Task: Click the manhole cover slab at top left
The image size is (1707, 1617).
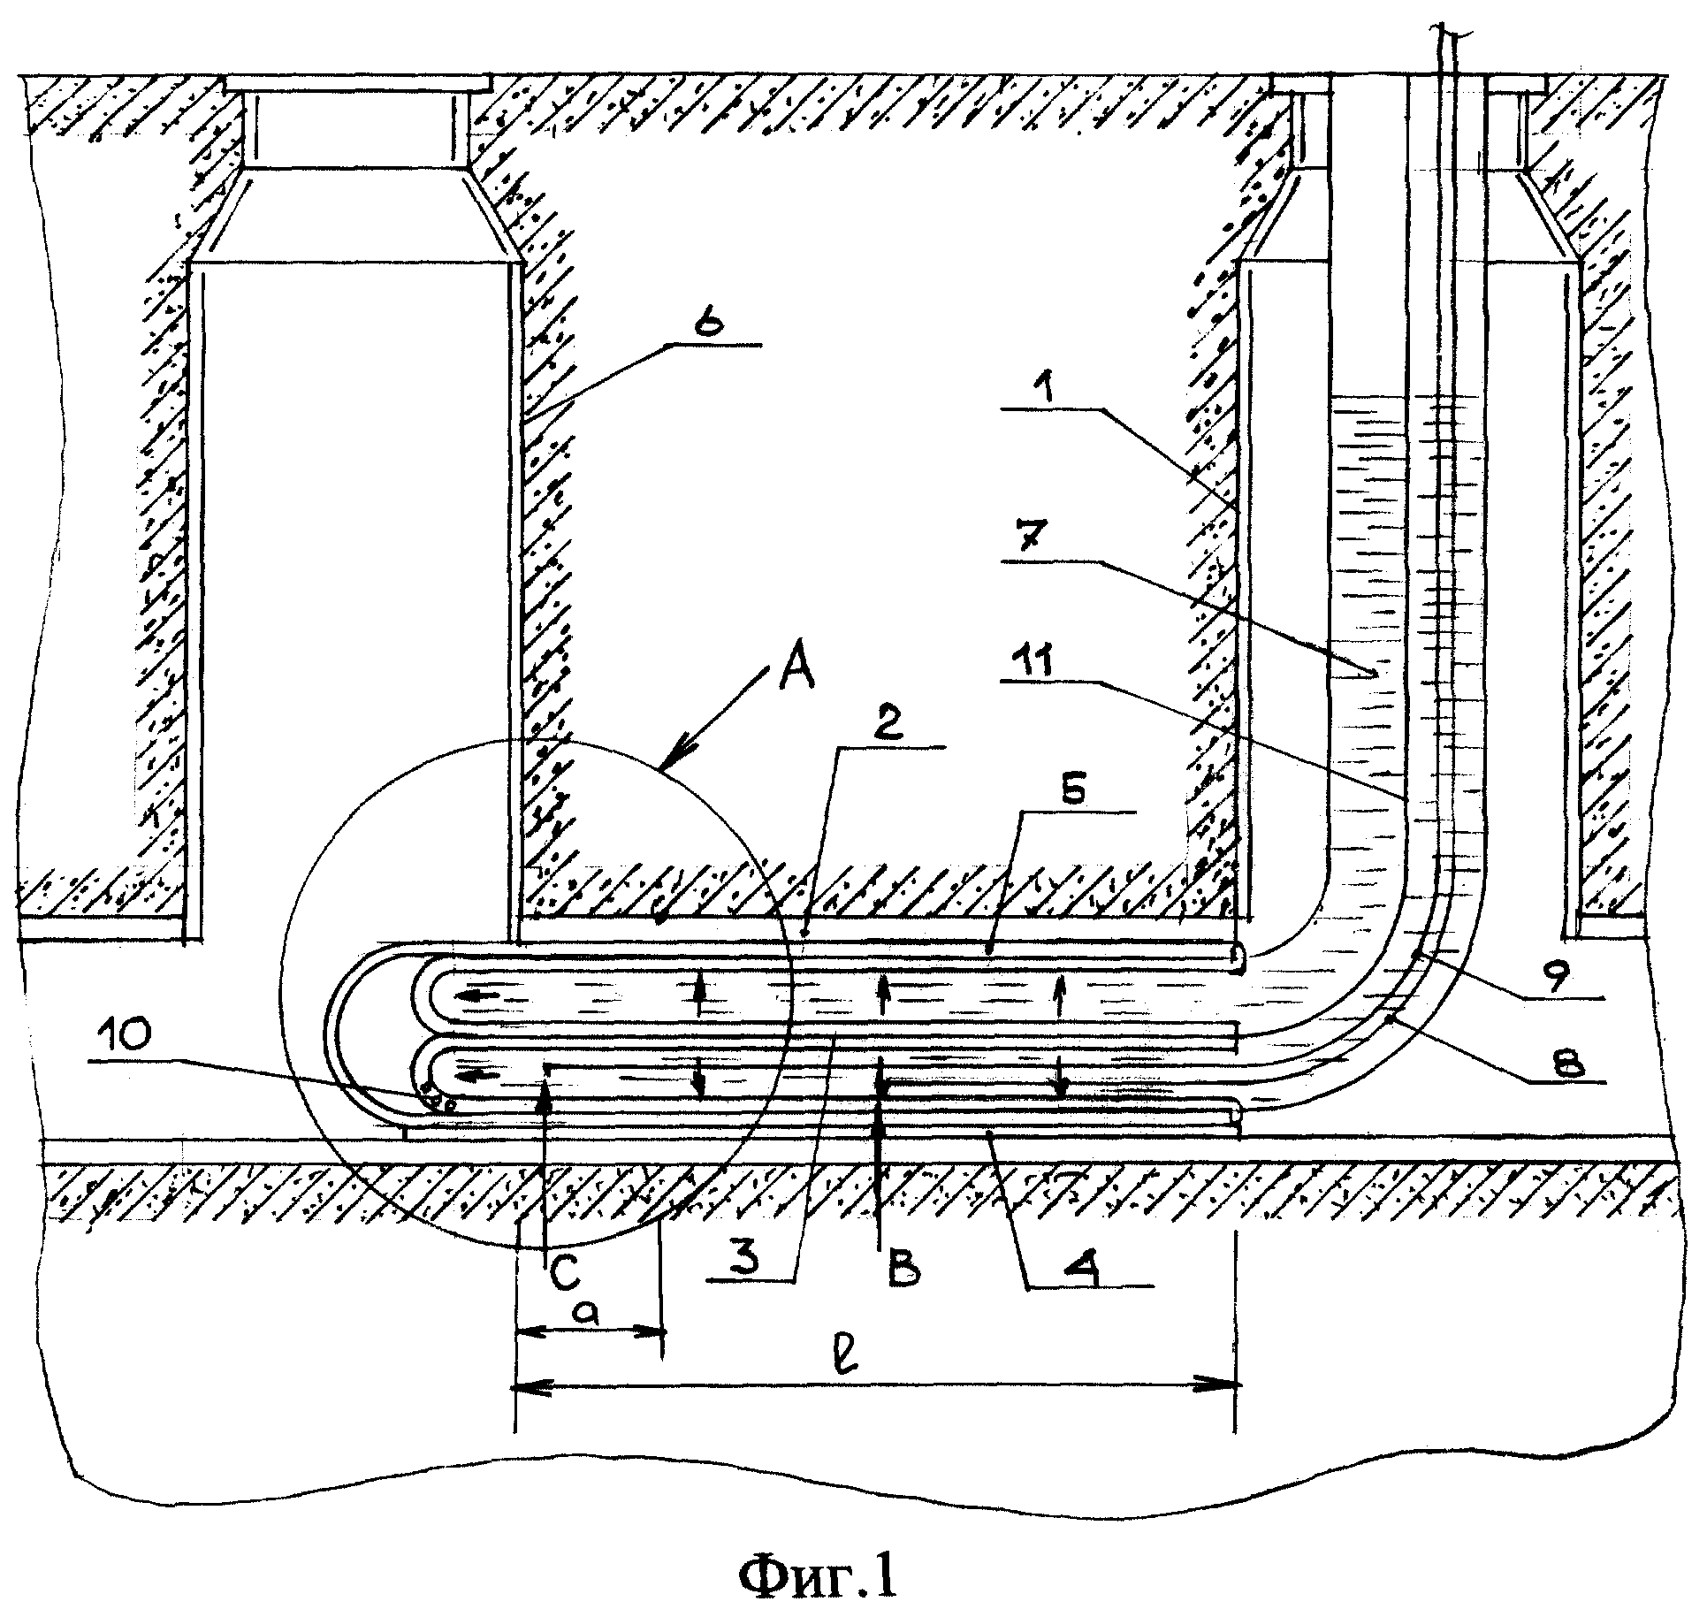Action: [357, 83]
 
